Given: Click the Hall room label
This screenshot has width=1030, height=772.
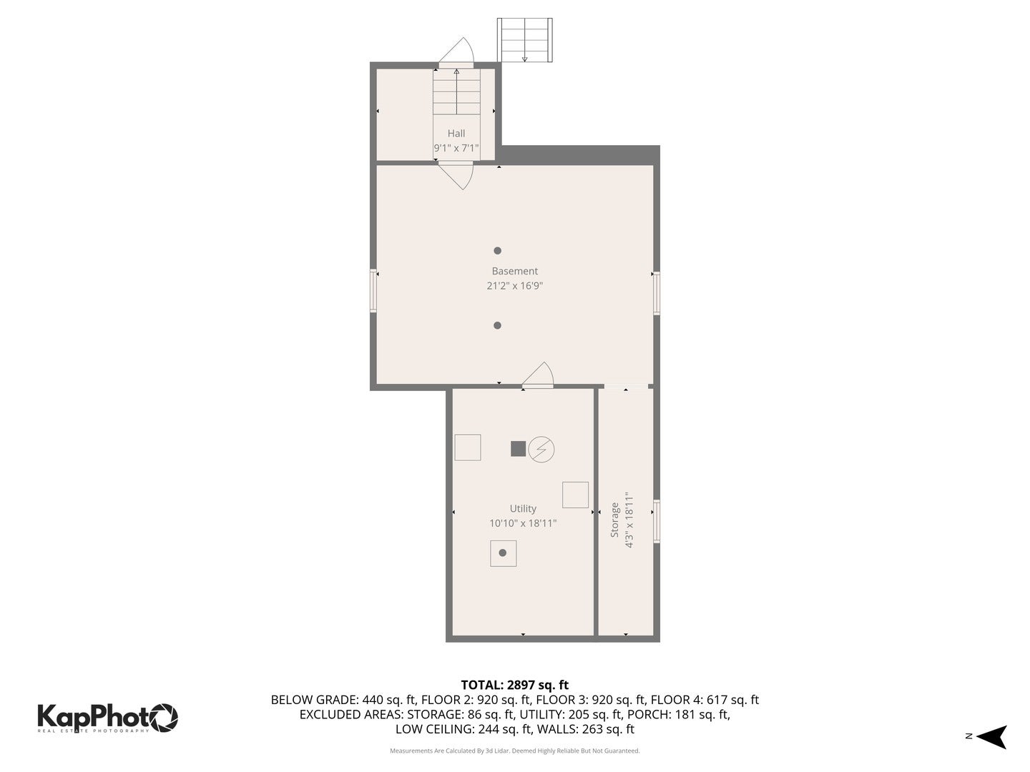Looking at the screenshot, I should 456,134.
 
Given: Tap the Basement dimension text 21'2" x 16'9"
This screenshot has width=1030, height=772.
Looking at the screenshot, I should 514,286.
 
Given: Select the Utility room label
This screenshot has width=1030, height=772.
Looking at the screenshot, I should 523,508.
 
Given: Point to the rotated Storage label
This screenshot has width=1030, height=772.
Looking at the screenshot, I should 614,520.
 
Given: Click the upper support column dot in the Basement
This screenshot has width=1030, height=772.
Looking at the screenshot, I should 497,251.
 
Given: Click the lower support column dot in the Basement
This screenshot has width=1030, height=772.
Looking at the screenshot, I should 497,325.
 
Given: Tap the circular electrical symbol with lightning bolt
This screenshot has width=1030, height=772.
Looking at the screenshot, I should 541,449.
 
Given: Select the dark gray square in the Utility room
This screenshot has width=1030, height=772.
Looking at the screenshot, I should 519,449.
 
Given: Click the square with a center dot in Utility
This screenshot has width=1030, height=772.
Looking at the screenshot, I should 503,553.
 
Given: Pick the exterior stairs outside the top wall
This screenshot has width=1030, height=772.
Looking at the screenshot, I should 525,40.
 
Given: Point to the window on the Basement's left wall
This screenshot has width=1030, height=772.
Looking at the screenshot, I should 373,290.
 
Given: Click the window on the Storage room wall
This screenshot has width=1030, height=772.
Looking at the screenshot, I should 657,522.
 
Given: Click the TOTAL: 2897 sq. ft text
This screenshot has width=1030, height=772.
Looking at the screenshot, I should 514,686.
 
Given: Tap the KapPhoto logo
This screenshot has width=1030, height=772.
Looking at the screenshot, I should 107,717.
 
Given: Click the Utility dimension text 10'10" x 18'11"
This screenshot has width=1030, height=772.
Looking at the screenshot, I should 523,523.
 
